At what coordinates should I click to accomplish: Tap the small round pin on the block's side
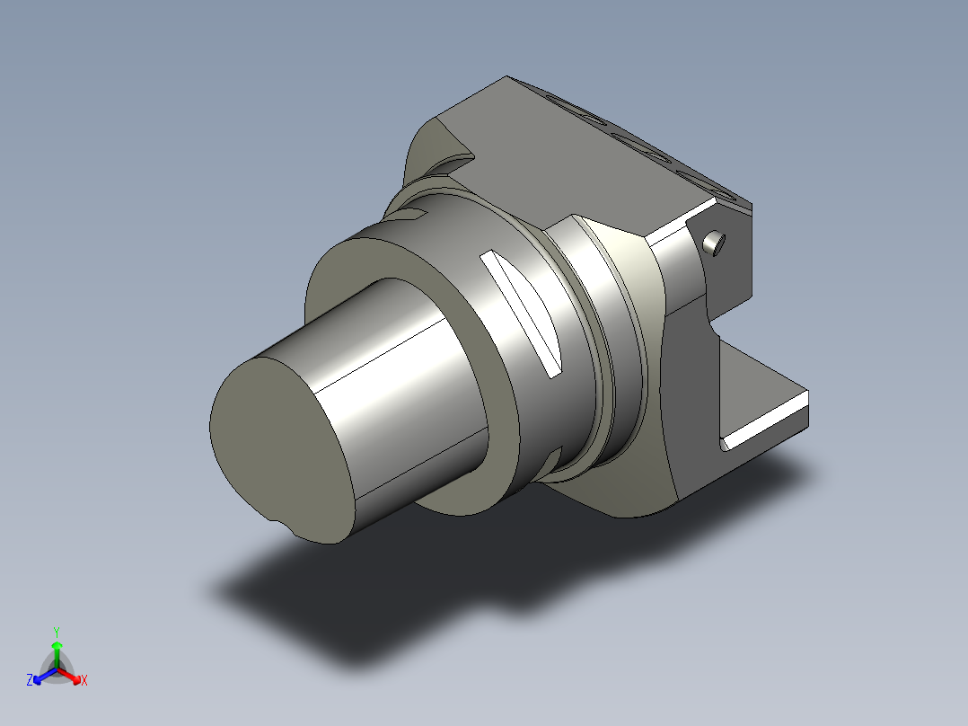[714, 243]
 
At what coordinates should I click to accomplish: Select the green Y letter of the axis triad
[57, 632]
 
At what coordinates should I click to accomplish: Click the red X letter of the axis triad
[84, 680]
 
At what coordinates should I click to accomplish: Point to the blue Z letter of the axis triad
[29, 680]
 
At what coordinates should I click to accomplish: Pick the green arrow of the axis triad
[57, 654]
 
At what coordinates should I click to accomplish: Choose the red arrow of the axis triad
[69, 675]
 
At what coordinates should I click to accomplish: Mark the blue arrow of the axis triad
[45, 675]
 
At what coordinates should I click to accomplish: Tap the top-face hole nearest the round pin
[704, 183]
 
